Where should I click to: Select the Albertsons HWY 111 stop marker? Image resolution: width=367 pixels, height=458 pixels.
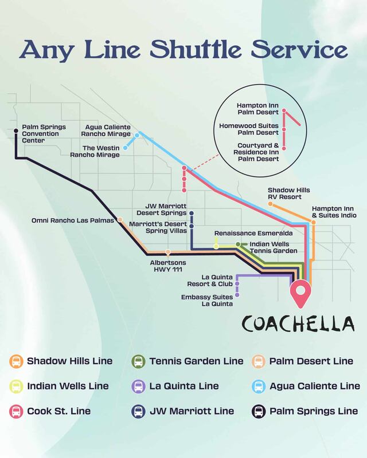point(167,252)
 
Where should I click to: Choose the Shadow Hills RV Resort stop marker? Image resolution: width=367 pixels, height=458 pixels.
point(271,203)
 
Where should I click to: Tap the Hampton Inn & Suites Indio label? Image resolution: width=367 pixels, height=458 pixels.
point(334,212)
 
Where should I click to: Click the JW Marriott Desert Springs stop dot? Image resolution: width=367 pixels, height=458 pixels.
point(192,214)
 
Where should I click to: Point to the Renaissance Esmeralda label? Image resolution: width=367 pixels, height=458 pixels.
point(254,234)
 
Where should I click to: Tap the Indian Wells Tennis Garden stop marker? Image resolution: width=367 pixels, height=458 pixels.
point(238,244)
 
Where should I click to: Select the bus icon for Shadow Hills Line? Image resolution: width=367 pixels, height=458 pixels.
point(17,361)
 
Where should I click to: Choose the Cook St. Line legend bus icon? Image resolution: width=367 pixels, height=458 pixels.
point(17,411)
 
